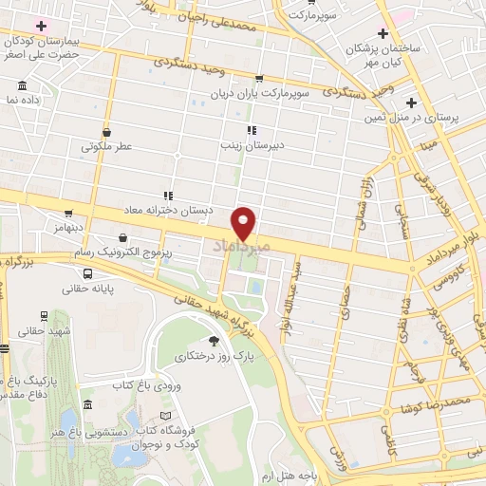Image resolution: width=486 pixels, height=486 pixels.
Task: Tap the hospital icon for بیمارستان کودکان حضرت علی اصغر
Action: (x=40, y=24)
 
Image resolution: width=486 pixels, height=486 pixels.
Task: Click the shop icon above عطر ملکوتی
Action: (x=105, y=132)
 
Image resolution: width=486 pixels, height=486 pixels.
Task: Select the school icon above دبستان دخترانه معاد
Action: (x=168, y=196)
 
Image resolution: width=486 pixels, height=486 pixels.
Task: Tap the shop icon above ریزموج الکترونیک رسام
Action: (x=122, y=237)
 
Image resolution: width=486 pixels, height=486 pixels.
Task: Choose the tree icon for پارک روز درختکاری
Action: (x=214, y=342)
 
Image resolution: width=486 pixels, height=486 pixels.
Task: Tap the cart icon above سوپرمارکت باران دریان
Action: (x=259, y=80)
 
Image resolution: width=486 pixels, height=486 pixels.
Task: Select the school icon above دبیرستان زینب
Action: (x=252, y=130)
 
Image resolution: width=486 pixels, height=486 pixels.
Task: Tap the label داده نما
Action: (x=22, y=99)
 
